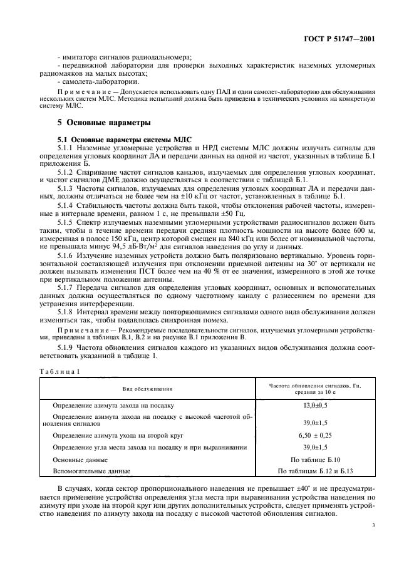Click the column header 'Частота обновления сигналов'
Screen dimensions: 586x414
tap(314, 386)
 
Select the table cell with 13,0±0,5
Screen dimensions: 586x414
tap(314, 406)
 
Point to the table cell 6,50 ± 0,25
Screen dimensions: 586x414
tap(314, 434)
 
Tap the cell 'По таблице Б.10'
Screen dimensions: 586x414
tap(314, 459)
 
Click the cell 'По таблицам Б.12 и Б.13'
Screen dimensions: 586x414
tap(314, 470)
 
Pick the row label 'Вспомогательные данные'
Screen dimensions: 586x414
tap(91, 470)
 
